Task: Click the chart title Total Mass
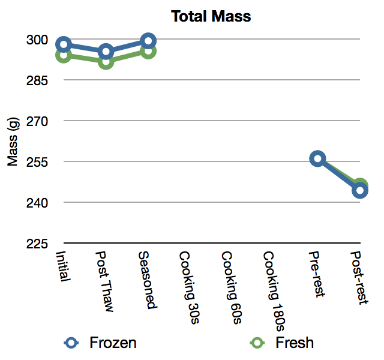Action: [x=211, y=16]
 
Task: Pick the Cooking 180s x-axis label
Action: [x=274, y=290]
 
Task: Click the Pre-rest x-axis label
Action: [x=316, y=274]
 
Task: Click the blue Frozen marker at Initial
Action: [x=64, y=44]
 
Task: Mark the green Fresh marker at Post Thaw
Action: [x=106, y=61]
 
